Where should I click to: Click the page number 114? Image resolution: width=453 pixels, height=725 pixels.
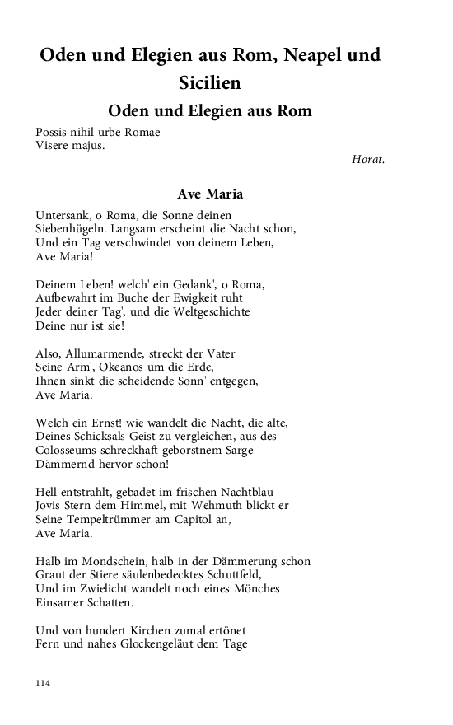(44, 682)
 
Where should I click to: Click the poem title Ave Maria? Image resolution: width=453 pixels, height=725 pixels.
(210, 194)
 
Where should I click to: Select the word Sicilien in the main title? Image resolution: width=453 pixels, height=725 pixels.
(210, 82)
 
